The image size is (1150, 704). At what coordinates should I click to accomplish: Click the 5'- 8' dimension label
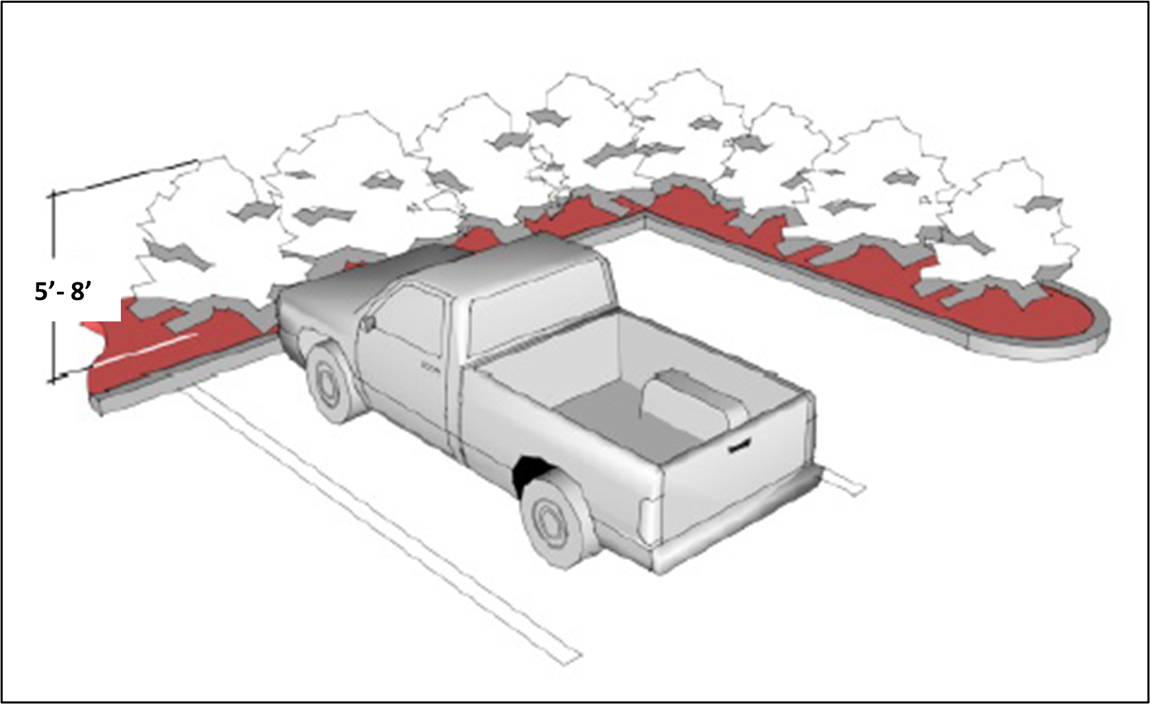tap(62, 293)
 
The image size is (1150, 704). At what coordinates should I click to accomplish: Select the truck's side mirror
tap(369, 321)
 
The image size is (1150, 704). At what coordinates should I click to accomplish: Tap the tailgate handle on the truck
tap(738, 447)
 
